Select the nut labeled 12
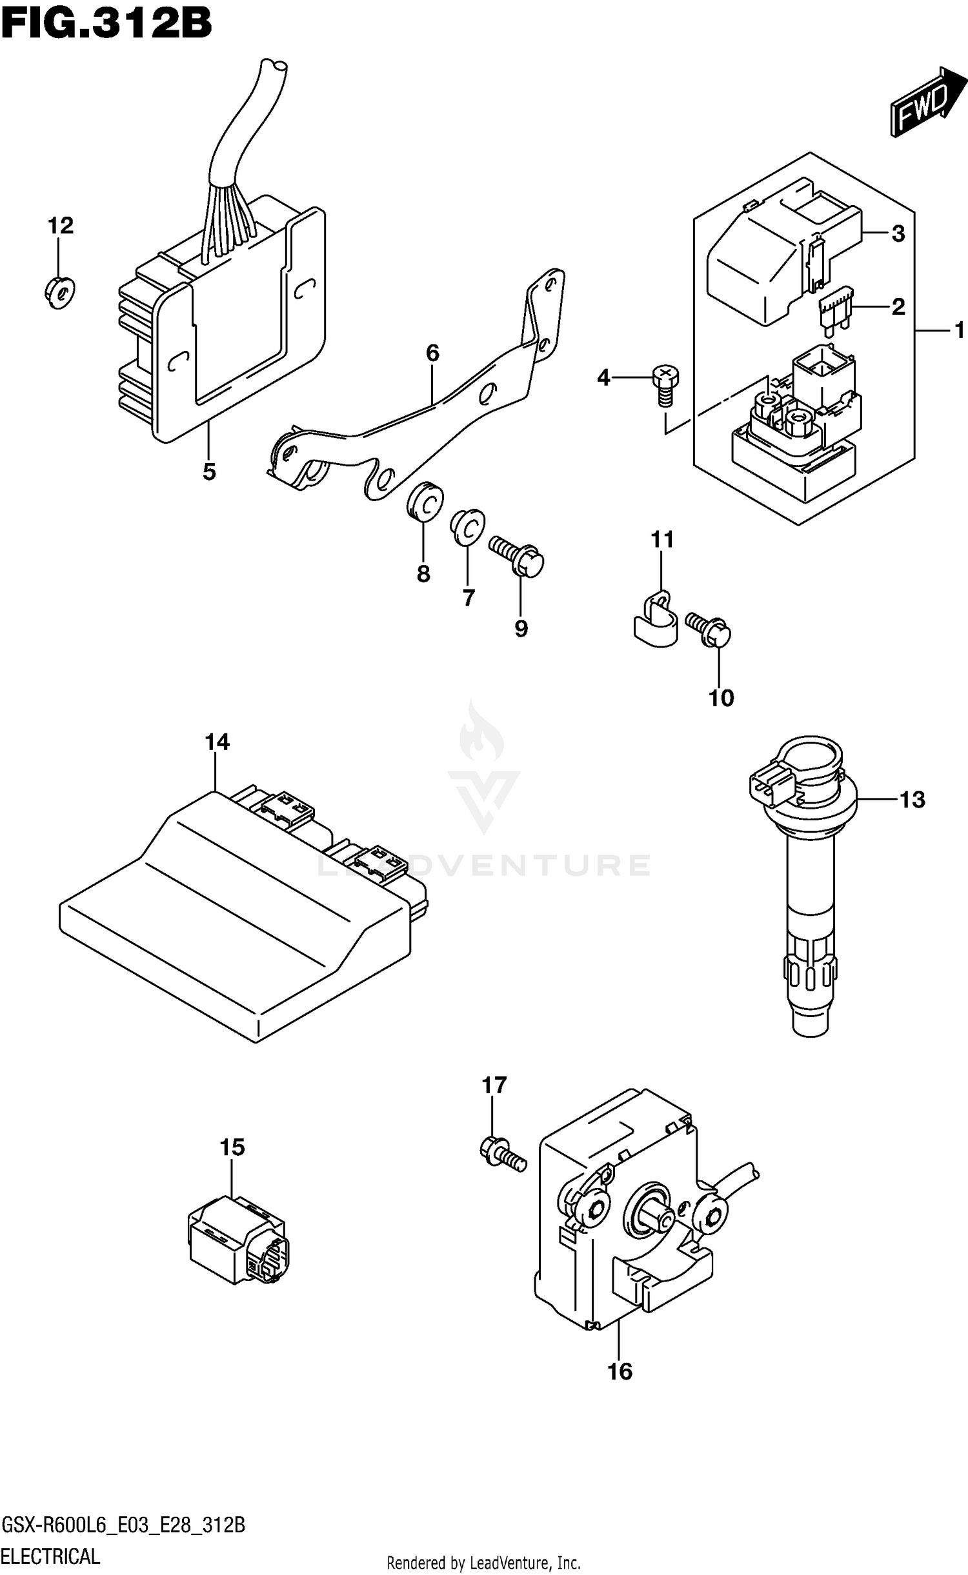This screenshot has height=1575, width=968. click(x=60, y=292)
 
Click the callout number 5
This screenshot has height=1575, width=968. click(x=208, y=472)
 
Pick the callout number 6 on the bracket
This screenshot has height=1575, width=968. click(x=432, y=353)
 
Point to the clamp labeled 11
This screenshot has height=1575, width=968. click(x=652, y=620)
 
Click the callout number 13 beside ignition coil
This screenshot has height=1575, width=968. click(x=912, y=800)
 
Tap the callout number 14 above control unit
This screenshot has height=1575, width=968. click(x=217, y=742)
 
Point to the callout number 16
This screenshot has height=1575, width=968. click(x=620, y=1371)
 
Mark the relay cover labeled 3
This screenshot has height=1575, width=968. click(x=774, y=258)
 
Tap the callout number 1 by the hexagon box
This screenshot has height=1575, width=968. click(x=959, y=331)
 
